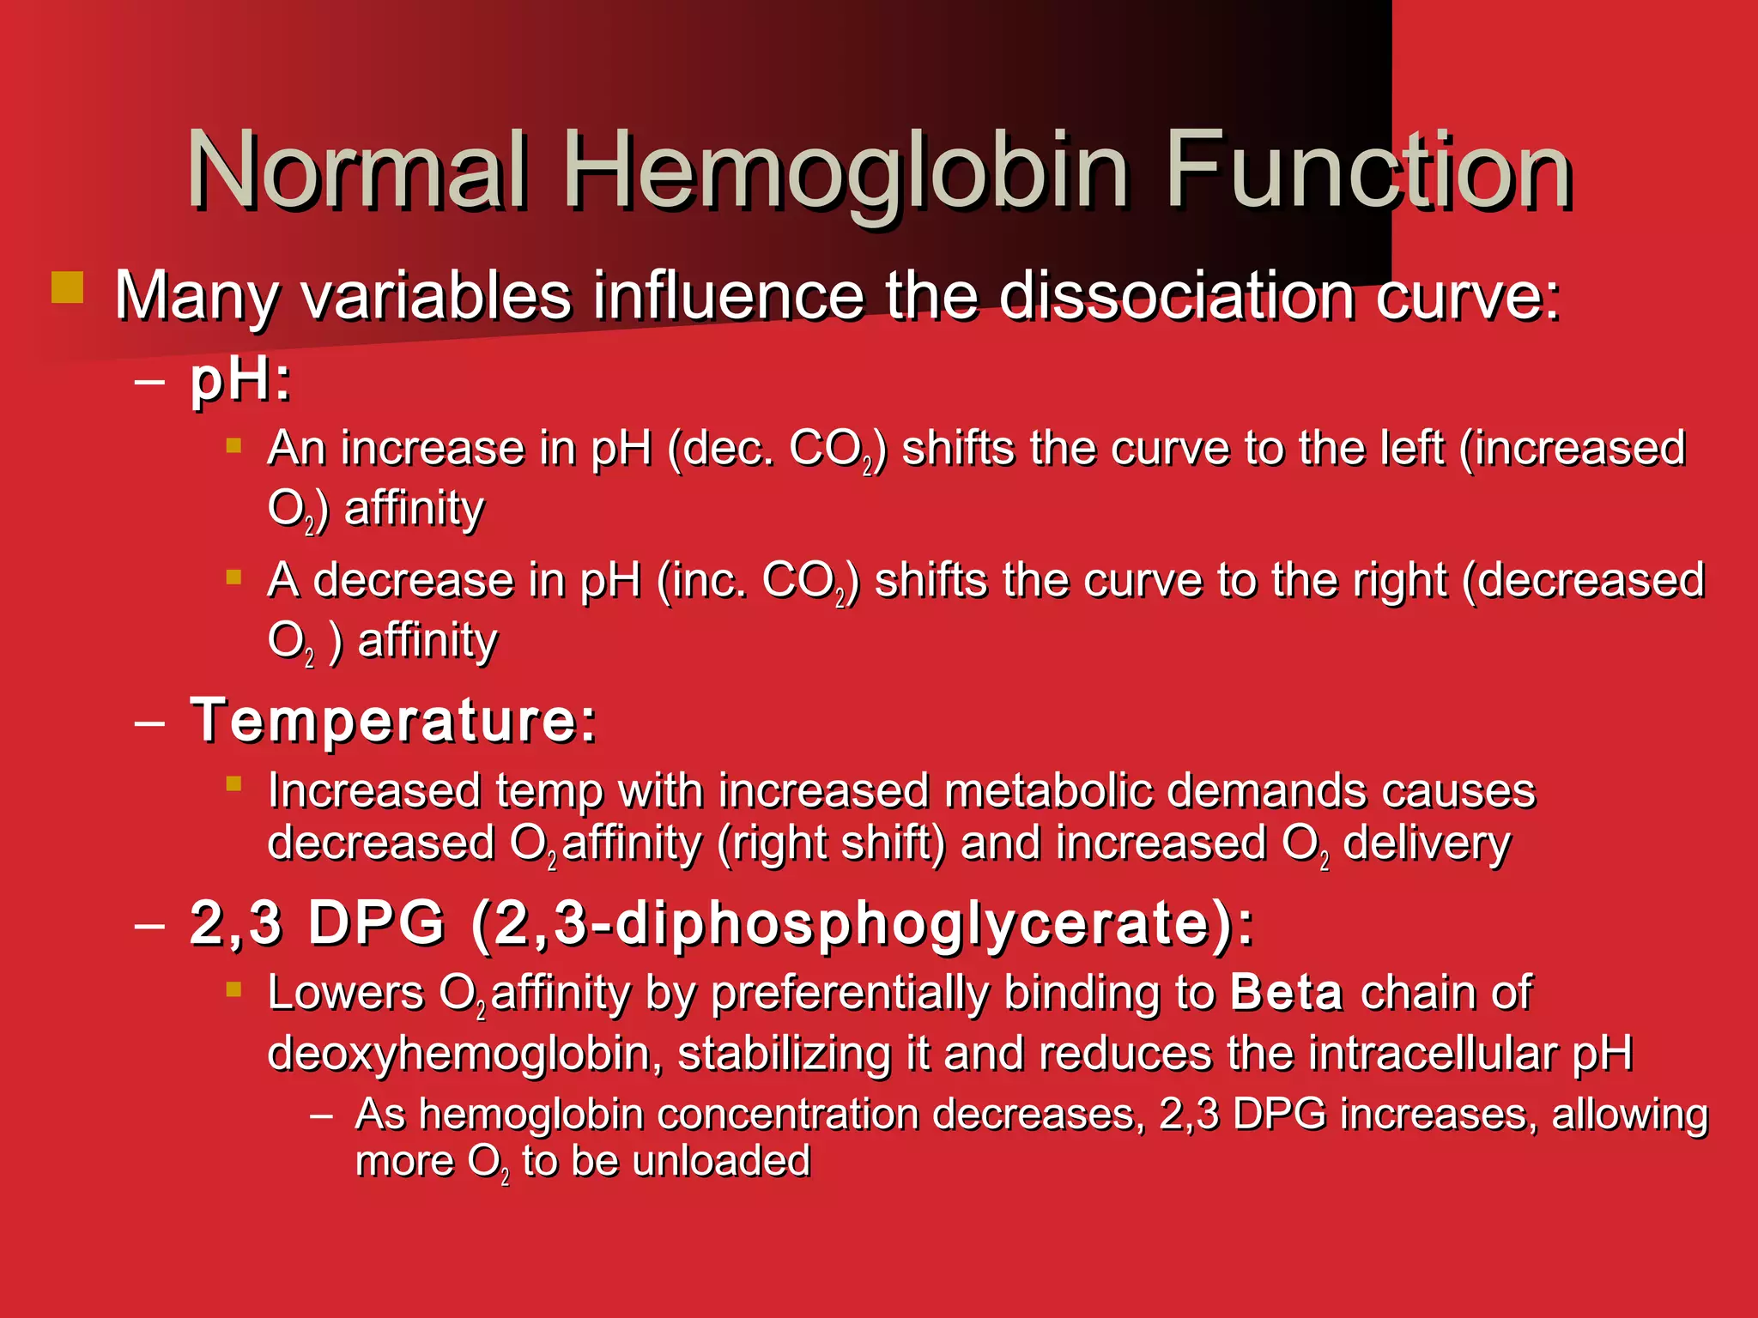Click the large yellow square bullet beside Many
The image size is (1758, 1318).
point(67,287)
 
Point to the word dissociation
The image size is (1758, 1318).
point(1176,296)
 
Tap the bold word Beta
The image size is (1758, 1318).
point(1286,993)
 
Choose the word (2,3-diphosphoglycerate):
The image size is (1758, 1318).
point(862,923)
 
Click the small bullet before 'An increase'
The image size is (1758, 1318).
point(233,445)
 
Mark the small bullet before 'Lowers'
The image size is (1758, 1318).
point(233,989)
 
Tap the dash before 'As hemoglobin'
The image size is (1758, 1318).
point(322,1116)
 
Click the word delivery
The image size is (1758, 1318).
point(1426,843)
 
